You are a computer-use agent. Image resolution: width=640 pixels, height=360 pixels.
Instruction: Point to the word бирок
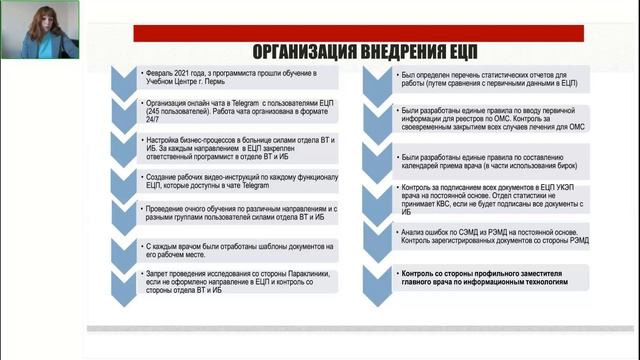[564, 166]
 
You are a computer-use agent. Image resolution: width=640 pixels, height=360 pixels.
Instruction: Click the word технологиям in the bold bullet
[558, 283]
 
